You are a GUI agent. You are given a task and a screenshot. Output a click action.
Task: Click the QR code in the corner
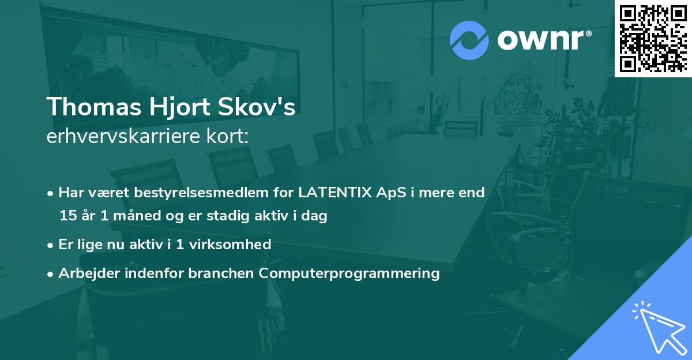653,38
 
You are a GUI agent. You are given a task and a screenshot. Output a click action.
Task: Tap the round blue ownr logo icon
469,40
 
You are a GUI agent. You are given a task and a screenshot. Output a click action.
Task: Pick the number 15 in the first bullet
67,216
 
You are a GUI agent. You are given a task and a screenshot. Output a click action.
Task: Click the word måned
125,216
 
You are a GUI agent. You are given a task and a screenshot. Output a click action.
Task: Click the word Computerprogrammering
349,273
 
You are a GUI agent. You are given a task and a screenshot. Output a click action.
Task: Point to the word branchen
222,273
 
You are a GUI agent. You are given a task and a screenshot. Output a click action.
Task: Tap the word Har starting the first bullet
70,193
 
